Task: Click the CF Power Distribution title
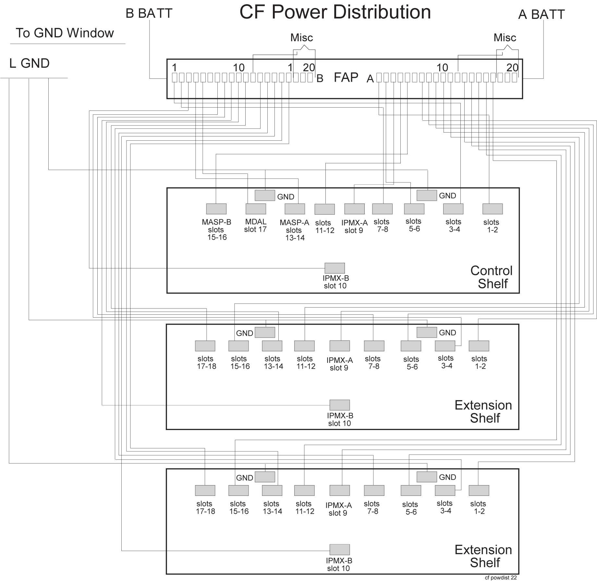coord(335,12)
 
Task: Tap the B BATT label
coord(149,14)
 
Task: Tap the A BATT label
coord(541,15)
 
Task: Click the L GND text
coord(30,63)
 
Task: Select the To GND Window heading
coord(65,33)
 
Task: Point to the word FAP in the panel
coord(346,77)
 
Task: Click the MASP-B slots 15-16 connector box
coord(216,209)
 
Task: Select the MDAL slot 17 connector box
coord(256,209)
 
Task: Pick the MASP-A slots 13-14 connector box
coord(295,209)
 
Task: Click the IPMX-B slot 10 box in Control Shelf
coord(335,268)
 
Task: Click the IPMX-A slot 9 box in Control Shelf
coord(354,209)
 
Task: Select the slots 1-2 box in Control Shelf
coord(492,209)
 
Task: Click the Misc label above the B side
coord(301,38)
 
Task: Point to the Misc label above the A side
coord(505,38)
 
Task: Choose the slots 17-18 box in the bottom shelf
coord(205,490)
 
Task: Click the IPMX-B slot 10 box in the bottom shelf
coord(339,549)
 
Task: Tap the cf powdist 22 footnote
coord(501,577)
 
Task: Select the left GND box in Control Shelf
coord(265,195)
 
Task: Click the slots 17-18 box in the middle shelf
coord(205,346)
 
